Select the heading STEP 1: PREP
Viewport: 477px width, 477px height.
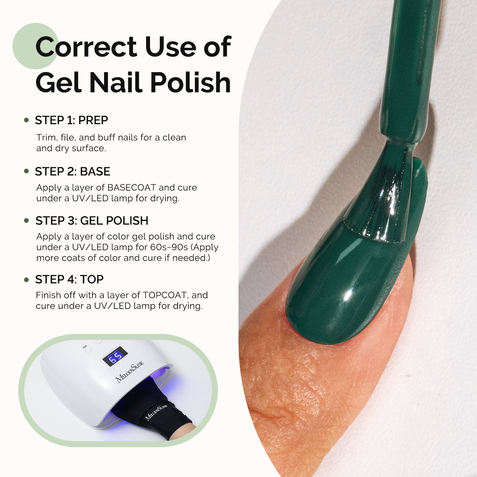(x=72, y=120)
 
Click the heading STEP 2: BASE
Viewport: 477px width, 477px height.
(x=73, y=171)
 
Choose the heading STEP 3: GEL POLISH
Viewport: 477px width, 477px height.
(x=92, y=221)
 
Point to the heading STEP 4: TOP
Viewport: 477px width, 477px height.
(x=69, y=279)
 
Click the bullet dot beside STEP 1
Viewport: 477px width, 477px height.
(x=27, y=120)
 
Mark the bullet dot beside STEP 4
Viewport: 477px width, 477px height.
(x=27, y=280)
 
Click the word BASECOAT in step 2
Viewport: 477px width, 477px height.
(x=131, y=188)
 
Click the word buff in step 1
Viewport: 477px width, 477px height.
(x=106, y=137)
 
